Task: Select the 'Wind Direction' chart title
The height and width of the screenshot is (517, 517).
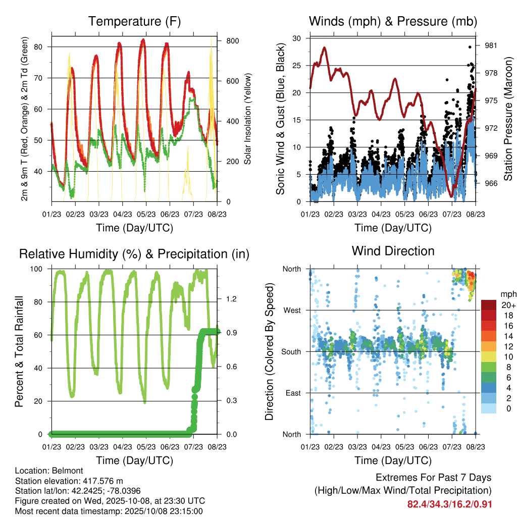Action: (x=393, y=251)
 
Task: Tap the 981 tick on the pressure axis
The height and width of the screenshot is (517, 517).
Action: (x=491, y=45)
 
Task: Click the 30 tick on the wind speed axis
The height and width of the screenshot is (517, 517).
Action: (x=297, y=38)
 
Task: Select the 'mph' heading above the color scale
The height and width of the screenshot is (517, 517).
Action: (x=507, y=294)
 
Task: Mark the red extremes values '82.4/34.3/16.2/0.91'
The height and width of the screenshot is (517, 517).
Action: (x=449, y=504)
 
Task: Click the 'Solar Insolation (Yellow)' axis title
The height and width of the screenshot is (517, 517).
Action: (x=248, y=119)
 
